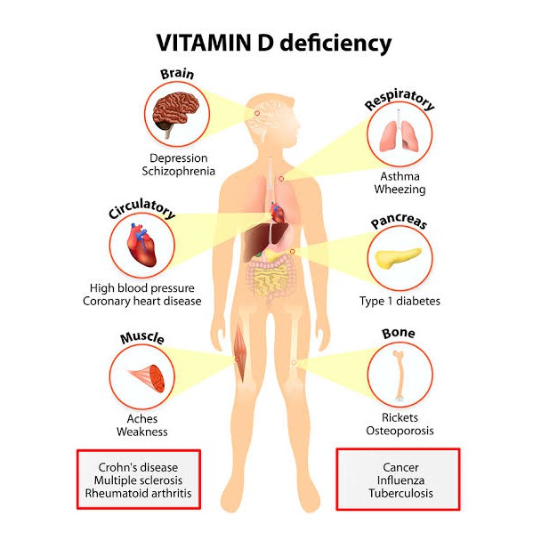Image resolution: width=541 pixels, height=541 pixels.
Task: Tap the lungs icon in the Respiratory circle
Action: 400,133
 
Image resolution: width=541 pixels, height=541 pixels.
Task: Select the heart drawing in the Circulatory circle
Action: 141,245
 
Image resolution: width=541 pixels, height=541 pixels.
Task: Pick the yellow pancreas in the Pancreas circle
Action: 398,258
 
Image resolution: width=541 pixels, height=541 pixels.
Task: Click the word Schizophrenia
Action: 178,171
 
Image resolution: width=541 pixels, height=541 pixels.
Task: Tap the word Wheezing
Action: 400,190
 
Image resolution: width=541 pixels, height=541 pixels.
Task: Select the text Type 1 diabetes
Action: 400,301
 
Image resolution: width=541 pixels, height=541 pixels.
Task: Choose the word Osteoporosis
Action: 400,431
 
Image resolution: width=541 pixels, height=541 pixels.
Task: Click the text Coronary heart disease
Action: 141,301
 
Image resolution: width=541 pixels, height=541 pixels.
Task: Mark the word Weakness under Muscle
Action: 141,432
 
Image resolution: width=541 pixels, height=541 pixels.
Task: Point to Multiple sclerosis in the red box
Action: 138,480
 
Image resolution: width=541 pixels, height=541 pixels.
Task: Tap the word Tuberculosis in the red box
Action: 400,493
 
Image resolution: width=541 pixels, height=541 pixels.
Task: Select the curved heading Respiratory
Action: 400,100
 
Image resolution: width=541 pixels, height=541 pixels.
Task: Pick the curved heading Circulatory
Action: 141,208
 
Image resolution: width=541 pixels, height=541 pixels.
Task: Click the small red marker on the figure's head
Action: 256,113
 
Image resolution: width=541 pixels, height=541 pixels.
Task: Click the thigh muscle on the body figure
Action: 240,353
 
